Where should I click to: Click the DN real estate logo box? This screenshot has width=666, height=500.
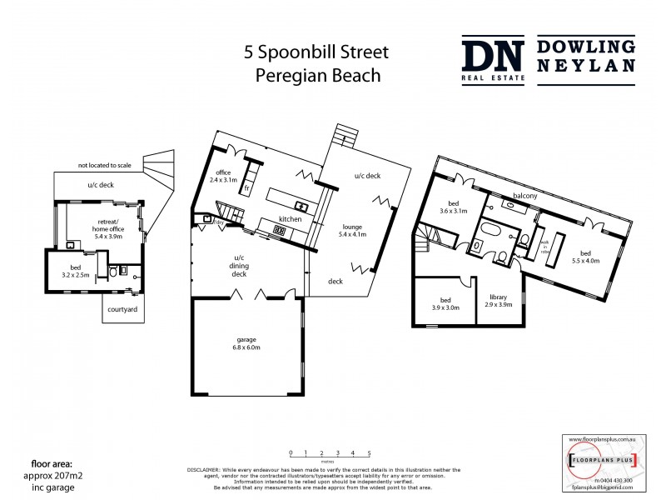(494, 60)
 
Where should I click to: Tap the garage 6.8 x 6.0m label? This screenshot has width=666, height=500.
(244, 343)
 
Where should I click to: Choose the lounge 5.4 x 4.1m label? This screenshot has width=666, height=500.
(352, 231)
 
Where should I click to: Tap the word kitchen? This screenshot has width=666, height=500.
(290, 218)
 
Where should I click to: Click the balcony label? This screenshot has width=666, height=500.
(524, 196)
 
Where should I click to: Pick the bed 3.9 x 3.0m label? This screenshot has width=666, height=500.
(445, 303)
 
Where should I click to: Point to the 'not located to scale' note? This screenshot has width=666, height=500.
(107, 165)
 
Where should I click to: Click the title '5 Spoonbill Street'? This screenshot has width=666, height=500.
(316, 52)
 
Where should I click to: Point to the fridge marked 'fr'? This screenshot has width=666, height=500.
(247, 188)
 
